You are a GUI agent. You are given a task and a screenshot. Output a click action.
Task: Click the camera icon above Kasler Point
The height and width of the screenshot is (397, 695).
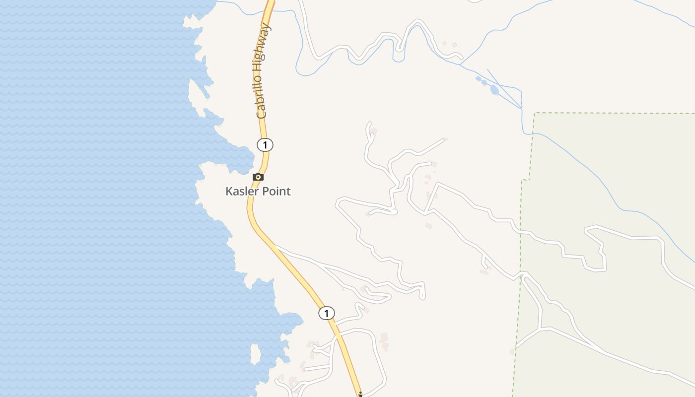[x=258, y=177]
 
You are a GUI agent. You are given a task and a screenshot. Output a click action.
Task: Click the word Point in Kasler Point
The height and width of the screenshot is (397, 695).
[x=276, y=191]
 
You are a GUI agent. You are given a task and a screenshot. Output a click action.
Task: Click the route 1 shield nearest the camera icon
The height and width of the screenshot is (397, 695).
[x=265, y=145]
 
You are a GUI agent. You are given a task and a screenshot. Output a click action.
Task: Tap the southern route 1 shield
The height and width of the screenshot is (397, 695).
[x=326, y=313]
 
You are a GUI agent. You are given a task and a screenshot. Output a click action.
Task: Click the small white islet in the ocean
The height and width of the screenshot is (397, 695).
[x=256, y=354]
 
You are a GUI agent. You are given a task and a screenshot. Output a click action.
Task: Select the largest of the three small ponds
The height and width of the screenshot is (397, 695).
[x=494, y=90]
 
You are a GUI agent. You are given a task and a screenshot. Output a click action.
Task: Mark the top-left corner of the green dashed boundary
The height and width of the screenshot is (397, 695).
[x=535, y=113]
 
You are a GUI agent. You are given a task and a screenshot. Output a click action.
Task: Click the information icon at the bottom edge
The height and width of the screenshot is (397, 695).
[x=360, y=395]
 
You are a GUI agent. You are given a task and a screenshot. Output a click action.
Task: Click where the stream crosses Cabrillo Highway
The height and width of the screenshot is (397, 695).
[x=271, y=10]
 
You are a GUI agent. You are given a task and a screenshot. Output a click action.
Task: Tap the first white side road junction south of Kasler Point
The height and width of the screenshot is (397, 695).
[x=275, y=246]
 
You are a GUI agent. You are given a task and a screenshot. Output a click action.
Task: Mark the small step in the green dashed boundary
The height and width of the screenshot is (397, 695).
[x=525, y=180]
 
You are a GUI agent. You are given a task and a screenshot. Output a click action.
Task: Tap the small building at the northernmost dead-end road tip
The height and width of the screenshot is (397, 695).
[x=373, y=132]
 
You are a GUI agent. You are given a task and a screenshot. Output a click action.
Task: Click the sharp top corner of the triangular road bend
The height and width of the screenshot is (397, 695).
[x=437, y=184]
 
